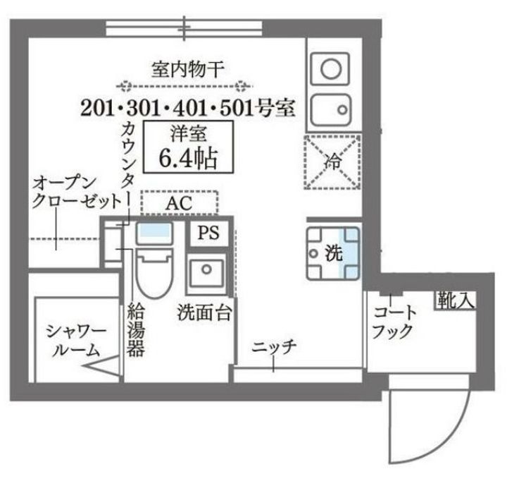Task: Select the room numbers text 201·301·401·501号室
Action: point(187,108)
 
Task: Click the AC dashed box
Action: point(179,203)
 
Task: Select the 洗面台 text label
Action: point(205,310)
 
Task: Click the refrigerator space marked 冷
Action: point(332,162)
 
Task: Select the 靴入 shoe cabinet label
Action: point(456,300)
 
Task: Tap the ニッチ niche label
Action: point(274,347)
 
